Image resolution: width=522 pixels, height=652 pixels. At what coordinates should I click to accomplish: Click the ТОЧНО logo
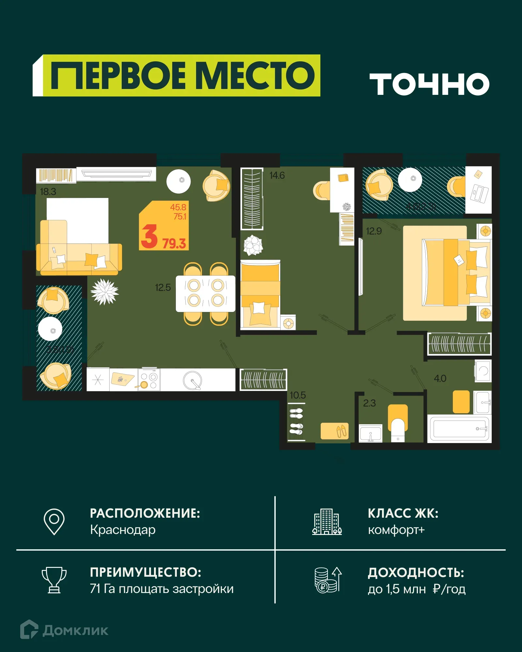click(429, 84)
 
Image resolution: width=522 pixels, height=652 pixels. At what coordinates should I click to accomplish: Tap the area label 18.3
click(48, 192)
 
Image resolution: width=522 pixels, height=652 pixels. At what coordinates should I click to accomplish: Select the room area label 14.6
click(277, 175)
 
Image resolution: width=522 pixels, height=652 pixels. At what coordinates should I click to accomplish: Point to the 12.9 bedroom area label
click(374, 231)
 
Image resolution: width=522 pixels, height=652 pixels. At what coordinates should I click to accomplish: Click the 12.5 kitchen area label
click(163, 288)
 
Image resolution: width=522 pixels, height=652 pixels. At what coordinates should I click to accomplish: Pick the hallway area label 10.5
click(298, 395)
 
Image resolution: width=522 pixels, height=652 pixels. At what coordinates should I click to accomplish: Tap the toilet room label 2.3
click(369, 403)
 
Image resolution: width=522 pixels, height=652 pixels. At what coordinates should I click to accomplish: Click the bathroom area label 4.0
click(440, 378)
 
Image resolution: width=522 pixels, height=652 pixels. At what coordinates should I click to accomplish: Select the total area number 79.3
click(174, 244)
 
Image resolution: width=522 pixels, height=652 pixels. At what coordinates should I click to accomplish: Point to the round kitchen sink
click(192, 380)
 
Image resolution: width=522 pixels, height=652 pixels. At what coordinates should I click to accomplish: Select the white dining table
click(206, 293)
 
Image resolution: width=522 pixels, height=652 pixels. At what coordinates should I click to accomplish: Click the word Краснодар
click(123, 530)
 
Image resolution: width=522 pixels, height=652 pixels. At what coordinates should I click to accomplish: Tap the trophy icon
click(54, 580)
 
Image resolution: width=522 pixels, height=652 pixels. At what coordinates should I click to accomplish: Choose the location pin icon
click(54, 521)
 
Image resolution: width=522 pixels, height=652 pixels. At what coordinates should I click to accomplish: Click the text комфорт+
click(396, 530)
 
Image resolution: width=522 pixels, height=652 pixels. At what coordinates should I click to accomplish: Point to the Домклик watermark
click(64, 630)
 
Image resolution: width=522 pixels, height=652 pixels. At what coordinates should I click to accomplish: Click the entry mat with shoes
click(334, 431)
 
